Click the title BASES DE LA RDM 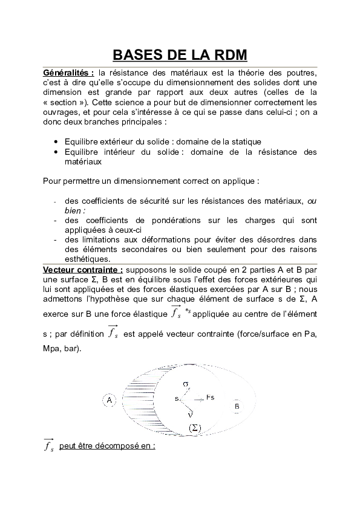[x=180, y=54]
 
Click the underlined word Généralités [x=67, y=73]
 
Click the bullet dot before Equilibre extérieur [x=56, y=141]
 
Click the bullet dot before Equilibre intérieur [x=56, y=152]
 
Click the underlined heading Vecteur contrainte [x=82, y=268]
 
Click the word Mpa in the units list [x=54, y=349]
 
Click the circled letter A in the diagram [x=110, y=400]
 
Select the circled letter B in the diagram [x=237, y=407]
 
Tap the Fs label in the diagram [x=210, y=397]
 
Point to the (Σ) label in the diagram [x=195, y=428]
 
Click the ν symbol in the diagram [x=190, y=414]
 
